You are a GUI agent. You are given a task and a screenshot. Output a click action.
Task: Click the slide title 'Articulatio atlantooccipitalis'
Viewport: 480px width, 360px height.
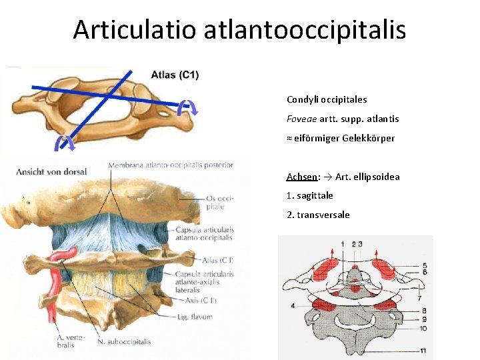pyautogui.click(x=239, y=29)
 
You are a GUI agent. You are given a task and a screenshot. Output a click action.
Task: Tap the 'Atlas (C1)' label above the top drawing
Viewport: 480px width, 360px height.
pyautogui.click(x=175, y=75)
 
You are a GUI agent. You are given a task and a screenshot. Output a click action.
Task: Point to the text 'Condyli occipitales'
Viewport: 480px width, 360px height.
pyautogui.click(x=327, y=99)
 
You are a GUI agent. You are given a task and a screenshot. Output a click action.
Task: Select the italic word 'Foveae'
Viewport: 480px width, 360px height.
pyautogui.click(x=302, y=119)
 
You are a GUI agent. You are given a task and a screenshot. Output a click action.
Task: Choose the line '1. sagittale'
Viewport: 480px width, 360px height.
pyautogui.click(x=310, y=195)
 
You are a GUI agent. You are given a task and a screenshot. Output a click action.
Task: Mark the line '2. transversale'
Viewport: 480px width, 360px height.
pyautogui.click(x=318, y=215)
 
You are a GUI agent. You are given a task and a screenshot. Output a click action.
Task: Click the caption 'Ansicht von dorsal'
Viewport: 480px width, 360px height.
pyautogui.click(x=51, y=171)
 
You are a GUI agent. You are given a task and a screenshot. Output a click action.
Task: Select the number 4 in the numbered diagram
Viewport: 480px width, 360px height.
pyautogui.click(x=292, y=306)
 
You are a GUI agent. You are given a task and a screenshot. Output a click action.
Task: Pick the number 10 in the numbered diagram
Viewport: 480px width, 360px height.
pyautogui.click(x=424, y=328)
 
